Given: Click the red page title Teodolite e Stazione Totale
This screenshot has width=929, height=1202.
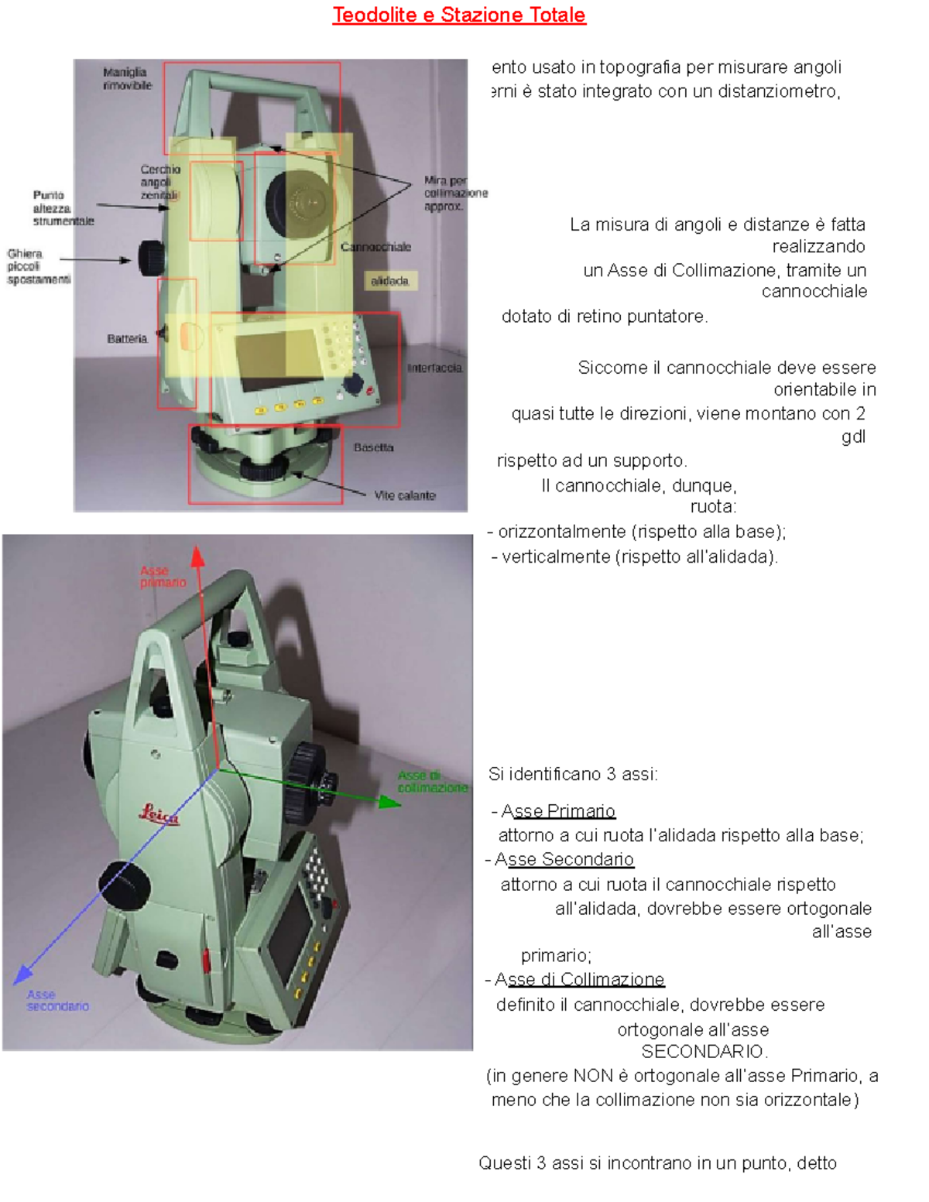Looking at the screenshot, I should click(458, 15).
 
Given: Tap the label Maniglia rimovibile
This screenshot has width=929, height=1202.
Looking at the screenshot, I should click(127, 78).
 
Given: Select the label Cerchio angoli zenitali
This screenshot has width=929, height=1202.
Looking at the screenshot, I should click(159, 182).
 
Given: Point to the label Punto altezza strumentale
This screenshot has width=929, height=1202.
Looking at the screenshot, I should click(63, 208).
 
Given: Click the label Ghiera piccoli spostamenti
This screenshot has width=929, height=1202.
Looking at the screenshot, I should click(38, 266).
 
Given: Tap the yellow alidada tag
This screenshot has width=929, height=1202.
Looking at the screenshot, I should click(390, 281).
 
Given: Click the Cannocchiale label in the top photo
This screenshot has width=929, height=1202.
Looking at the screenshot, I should click(375, 247).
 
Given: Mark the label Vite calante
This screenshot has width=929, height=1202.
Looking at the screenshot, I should click(405, 495).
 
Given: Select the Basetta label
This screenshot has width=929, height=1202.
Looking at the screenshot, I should click(373, 447).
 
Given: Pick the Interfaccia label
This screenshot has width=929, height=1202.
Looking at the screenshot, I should click(434, 368).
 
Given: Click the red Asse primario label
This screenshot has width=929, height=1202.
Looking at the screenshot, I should click(163, 577).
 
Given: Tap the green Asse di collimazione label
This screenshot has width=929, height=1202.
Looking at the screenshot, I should click(432, 781).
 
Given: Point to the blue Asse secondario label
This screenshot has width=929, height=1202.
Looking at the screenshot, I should click(57, 1000).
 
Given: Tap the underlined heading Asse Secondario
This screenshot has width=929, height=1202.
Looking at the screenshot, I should click(564, 859).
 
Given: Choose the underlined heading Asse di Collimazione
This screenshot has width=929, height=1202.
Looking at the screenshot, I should click(579, 979).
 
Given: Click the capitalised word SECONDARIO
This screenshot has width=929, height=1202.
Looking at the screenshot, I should click(704, 1051).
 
